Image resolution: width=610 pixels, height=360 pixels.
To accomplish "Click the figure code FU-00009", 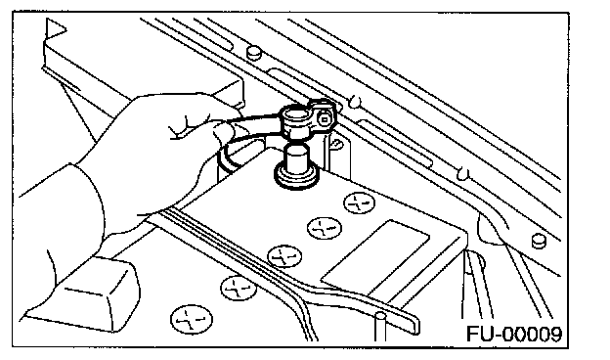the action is tap(514, 335).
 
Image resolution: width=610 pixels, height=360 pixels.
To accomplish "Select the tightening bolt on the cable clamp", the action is tap(324, 119).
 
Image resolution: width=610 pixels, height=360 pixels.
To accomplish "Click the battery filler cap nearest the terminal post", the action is tap(359, 202).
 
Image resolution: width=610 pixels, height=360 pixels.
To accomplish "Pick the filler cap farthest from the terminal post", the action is tap(192, 319).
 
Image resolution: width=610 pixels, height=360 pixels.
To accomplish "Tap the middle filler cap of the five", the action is tap(284, 255).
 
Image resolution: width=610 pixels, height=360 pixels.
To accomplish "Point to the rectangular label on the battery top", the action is tap(375, 257).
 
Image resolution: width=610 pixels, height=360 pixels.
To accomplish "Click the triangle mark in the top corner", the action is tap(55, 28).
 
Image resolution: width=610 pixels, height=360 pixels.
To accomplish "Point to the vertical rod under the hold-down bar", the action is tap(380, 327).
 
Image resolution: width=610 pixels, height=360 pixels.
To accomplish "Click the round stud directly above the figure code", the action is tap(539, 241).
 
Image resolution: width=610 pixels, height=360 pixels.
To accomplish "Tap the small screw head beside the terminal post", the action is tap(337, 146).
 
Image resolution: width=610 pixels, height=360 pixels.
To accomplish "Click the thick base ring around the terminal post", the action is tap(296, 177).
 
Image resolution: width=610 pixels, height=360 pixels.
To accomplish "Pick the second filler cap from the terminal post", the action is tap(325, 228).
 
